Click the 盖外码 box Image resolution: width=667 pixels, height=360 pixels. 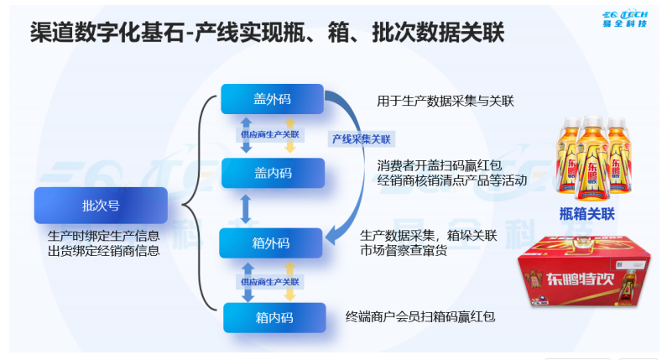(x=272, y=99)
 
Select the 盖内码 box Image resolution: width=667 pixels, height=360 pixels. (x=272, y=173)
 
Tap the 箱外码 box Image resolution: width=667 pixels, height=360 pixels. (x=271, y=243)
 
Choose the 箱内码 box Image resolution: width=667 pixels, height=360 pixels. (x=274, y=317)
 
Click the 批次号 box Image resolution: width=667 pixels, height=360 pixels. (x=100, y=205)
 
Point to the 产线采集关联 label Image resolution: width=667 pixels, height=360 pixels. (x=361, y=139)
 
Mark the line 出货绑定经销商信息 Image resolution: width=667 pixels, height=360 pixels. (x=103, y=250)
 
